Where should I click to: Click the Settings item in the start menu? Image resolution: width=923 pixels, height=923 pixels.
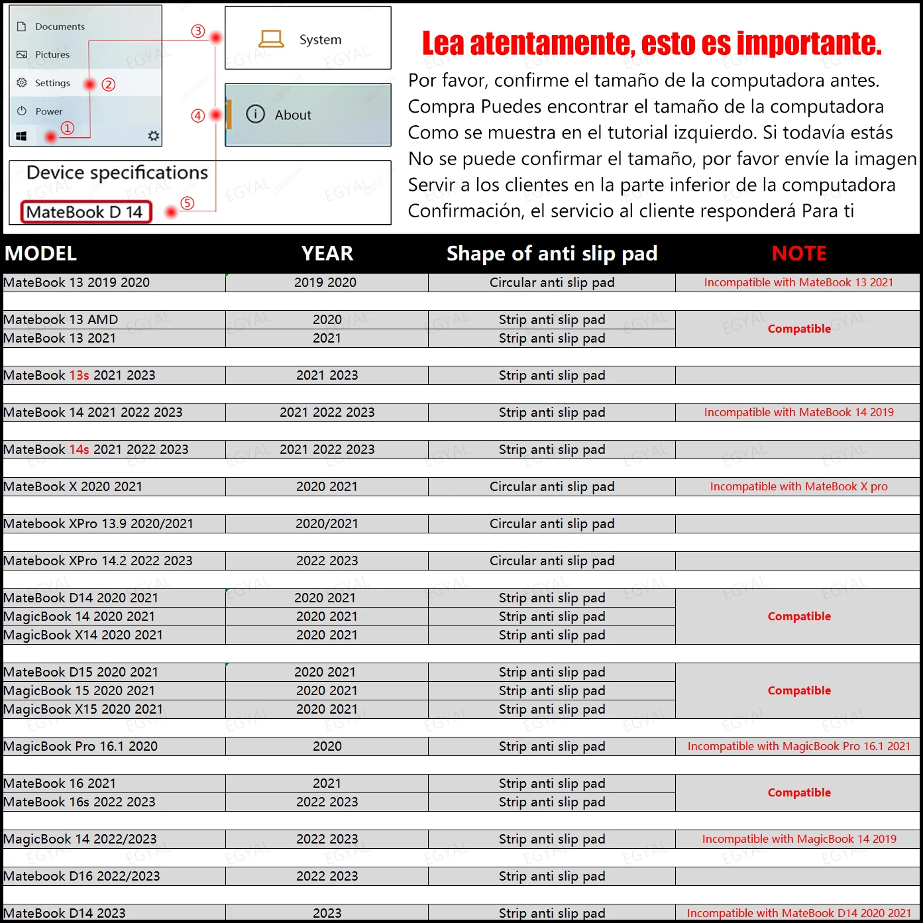[52, 83]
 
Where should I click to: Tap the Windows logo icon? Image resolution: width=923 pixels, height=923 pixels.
[21, 136]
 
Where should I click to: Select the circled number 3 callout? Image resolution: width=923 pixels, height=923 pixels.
[197, 31]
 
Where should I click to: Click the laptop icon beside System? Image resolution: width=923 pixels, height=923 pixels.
[271, 39]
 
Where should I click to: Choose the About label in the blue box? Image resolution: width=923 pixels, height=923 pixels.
[293, 115]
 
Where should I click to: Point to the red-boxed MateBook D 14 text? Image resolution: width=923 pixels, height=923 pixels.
[85, 212]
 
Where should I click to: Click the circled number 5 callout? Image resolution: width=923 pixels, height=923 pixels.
[188, 203]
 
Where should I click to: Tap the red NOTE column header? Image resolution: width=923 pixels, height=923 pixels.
[799, 254]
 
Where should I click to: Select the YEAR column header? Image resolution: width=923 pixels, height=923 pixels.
[327, 254]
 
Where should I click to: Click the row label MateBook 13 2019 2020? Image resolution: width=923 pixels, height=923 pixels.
[77, 283]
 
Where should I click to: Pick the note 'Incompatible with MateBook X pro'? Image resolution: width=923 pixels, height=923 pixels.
[798, 487]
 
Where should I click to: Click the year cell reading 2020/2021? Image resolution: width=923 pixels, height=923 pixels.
[327, 524]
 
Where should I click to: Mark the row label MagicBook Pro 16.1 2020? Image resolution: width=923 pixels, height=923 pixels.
[81, 747]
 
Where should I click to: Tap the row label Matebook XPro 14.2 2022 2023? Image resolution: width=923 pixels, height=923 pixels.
[98, 561]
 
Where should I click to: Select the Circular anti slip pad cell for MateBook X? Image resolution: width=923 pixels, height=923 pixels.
[551, 487]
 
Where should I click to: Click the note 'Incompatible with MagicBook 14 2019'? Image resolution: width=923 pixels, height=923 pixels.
[798, 840]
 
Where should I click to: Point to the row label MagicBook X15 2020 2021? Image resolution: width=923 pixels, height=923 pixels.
[83, 710]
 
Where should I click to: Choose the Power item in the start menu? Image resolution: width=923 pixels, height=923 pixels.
[48, 111]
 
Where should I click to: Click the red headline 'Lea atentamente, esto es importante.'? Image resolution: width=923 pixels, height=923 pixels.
[652, 44]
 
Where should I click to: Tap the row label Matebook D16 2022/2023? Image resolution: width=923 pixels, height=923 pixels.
[82, 877]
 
